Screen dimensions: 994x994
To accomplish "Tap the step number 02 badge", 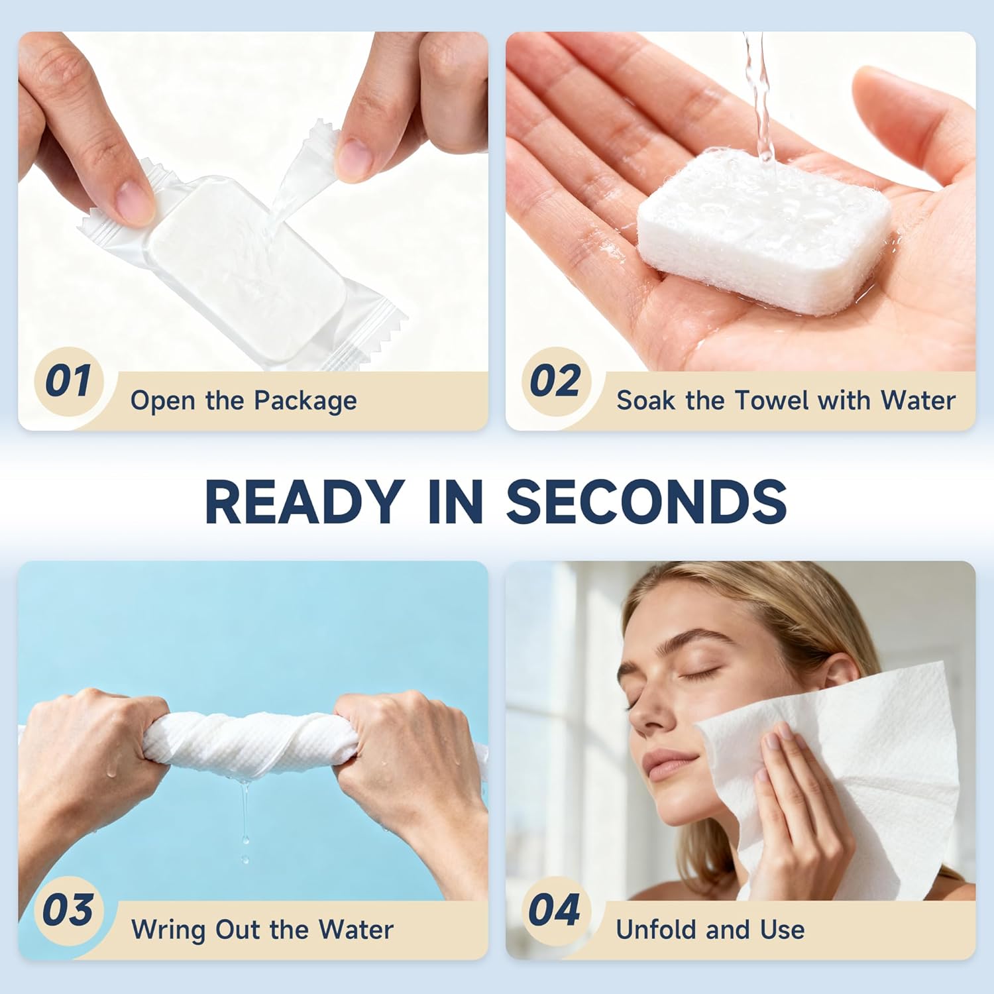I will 555,381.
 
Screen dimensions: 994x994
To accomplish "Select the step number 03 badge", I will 68,911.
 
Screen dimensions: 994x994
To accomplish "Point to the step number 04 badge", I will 554,911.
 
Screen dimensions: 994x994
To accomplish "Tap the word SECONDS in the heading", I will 647,502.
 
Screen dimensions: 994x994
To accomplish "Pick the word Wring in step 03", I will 169,930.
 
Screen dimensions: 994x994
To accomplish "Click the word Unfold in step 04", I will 656,930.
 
